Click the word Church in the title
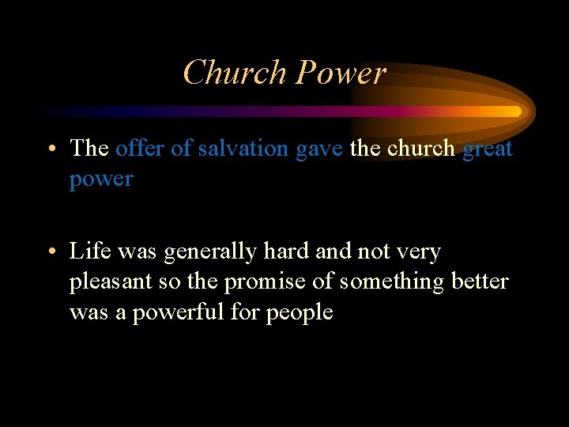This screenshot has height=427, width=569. (x=234, y=73)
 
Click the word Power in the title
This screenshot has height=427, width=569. (x=341, y=73)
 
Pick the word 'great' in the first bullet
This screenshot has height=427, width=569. (x=488, y=149)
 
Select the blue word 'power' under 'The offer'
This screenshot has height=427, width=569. (x=101, y=179)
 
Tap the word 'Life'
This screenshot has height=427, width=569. (x=89, y=251)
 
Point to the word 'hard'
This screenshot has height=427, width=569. (x=290, y=251)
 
